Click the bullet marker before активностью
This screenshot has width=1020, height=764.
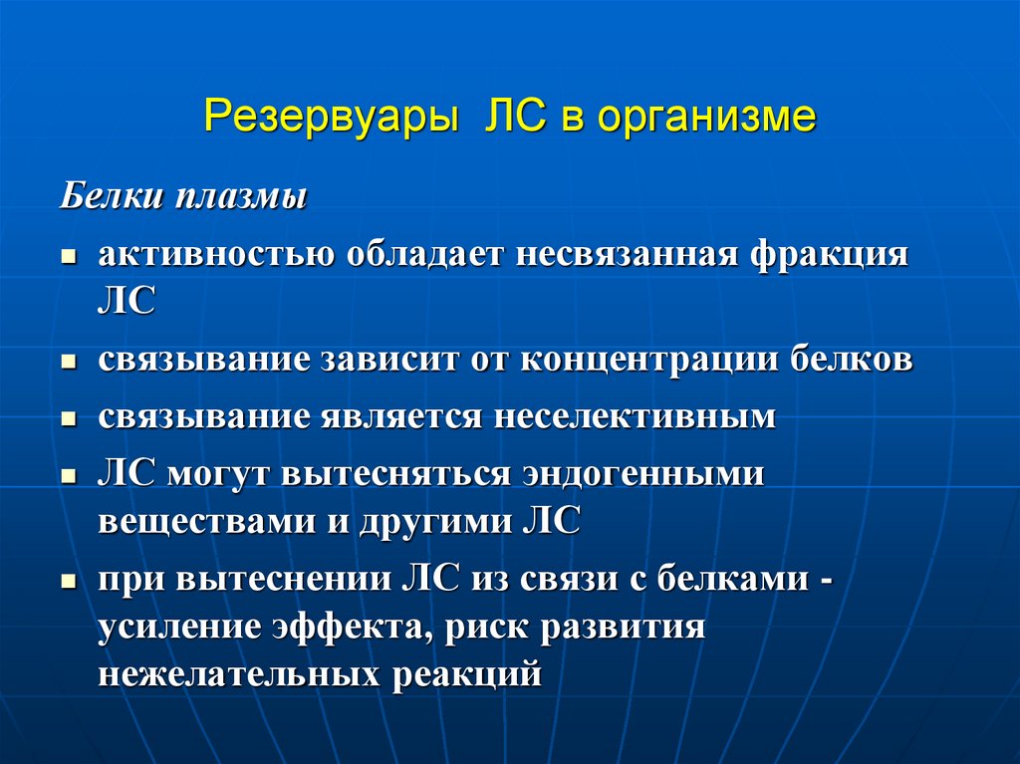point(69,258)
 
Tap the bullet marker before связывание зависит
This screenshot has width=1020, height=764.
point(69,364)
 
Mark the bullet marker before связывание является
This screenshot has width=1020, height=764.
point(69,420)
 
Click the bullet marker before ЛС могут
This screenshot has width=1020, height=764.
point(69,477)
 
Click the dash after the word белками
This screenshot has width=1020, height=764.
point(826,580)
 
